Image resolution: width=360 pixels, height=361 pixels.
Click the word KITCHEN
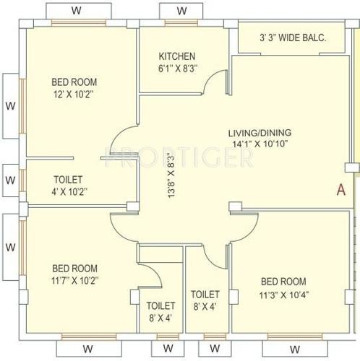pyautogui.click(x=177, y=56)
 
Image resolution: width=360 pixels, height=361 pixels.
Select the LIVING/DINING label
pyautogui.click(x=260, y=133)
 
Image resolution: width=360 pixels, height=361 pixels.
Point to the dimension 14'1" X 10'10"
pyautogui.click(x=260, y=144)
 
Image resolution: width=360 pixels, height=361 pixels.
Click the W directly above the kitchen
pyautogui.click(x=181, y=11)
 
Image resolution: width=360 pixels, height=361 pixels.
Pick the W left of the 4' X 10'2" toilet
pyautogui.click(x=10, y=179)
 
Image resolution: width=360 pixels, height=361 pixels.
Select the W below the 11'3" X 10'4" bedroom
pyautogui.click(x=288, y=348)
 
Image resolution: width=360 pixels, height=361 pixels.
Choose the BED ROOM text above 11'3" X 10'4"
pyautogui.click(x=282, y=282)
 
